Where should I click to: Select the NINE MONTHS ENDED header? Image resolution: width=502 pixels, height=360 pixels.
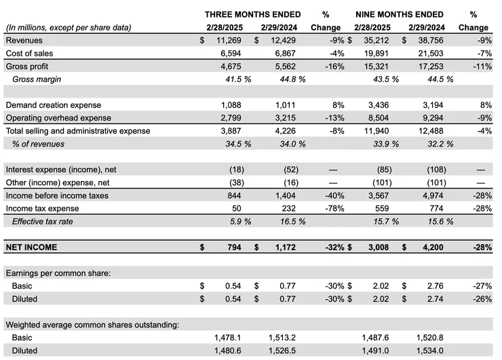click(400, 14)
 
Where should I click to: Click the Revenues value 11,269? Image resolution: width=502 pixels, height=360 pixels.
click(227, 41)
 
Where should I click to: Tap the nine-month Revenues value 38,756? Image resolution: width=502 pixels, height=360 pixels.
click(429, 41)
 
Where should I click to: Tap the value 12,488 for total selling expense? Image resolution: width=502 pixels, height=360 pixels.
click(429, 131)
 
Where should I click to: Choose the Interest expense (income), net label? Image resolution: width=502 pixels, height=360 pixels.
click(60, 169)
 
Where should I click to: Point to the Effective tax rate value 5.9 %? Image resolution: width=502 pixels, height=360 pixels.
click(237, 221)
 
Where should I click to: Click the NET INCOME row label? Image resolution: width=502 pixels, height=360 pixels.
click(32, 247)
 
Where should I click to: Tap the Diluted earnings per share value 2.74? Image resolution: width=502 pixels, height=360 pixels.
click(434, 298)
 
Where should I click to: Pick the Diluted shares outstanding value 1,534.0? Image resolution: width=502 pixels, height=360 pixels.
click(428, 351)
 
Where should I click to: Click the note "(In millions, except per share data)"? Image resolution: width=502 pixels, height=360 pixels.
click(68, 28)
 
